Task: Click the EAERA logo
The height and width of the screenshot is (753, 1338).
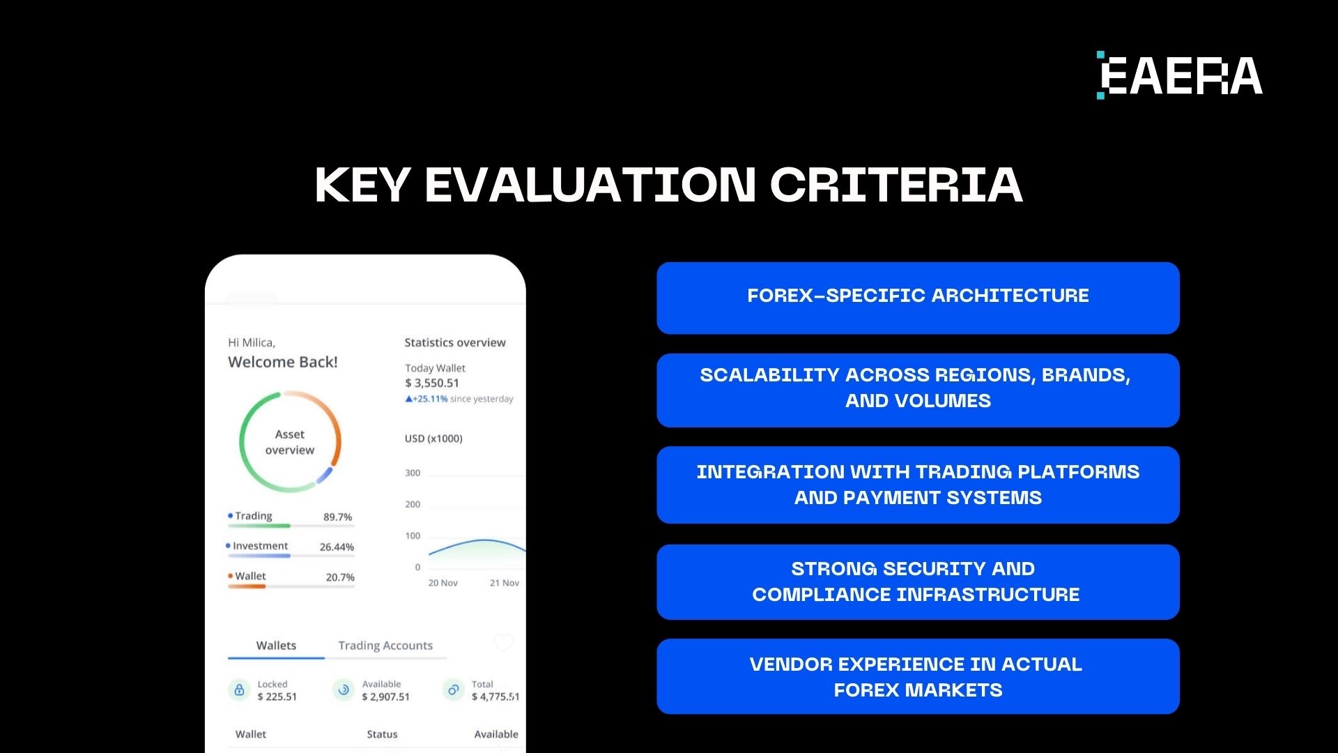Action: pos(1179,75)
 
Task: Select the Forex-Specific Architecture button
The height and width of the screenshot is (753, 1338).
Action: pos(918,298)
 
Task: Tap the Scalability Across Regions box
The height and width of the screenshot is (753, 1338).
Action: pos(918,390)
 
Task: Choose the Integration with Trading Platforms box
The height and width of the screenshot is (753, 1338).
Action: pos(918,485)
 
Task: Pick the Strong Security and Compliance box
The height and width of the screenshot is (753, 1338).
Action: pos(918,581)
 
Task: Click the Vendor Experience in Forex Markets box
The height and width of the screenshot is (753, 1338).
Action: pos(918,676)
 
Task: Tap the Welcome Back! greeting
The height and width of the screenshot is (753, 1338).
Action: pos(282,362)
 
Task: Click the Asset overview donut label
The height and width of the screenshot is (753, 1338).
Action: pos(290,442)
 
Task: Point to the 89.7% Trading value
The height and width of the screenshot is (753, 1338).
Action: pos(337,517)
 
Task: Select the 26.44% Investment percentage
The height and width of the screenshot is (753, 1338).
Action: pos(337,547)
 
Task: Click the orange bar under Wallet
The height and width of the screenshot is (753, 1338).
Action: pos(247,586)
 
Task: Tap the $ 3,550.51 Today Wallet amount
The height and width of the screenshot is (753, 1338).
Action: pos(432,383)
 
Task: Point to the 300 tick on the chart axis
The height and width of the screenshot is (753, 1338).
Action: pos(413,473)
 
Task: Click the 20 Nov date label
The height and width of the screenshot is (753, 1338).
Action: pos(443,583)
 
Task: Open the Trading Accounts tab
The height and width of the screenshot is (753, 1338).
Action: pos(385,646)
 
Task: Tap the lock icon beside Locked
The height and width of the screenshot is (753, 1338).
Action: pos(239,690)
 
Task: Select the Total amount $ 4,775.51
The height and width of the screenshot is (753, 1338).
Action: pos(495,697)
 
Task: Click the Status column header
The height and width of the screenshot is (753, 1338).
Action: pos(382,734)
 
